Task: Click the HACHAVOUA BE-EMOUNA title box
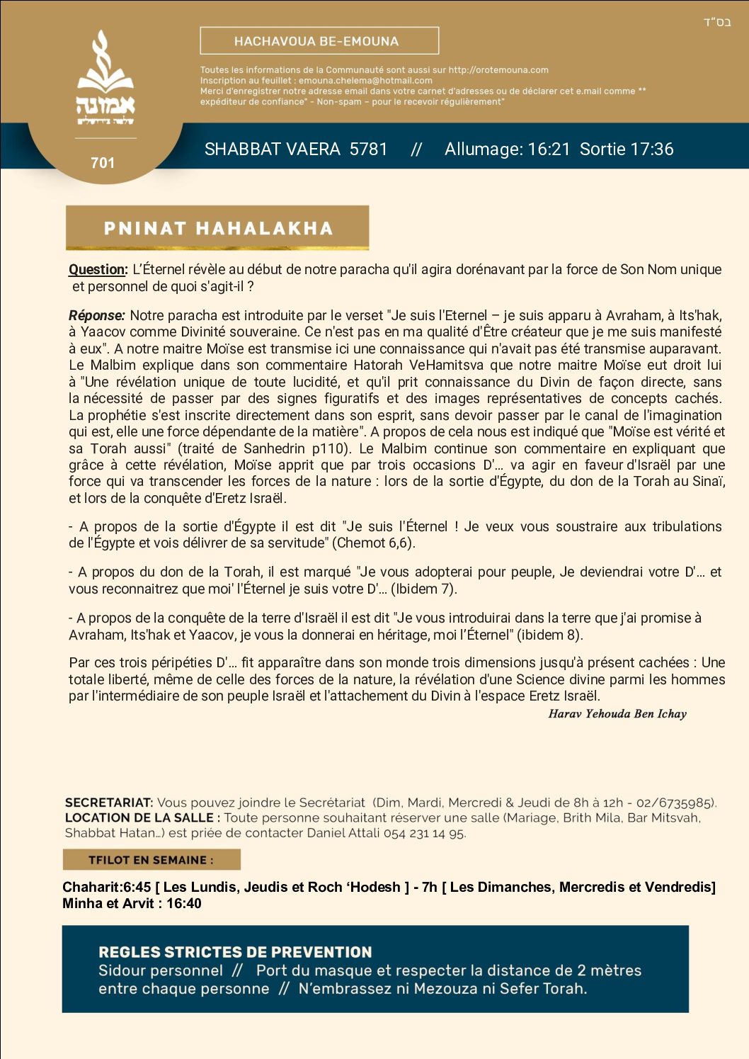click(x=319, y=41)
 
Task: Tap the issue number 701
click(x=103, y=163)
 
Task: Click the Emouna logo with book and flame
click(x=105, y=78)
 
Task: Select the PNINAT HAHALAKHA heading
click(x=217, y=228)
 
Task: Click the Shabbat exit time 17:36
click(x=651, y=149)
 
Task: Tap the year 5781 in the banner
click(x=368, y=149)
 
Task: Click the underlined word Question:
click(x=98, y=269)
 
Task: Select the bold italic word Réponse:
click(x=97, y=315)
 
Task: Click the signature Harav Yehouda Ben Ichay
click(x=617, y=714)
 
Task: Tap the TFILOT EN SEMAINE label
click(x=151, y=860)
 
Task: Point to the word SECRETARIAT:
click(x=108, y=803)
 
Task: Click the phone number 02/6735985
click(x=675, y=803)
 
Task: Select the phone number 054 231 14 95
click(x=424, y=833)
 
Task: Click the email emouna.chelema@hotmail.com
click(x=365, y=81)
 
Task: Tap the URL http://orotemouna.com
click(x=498, y=70)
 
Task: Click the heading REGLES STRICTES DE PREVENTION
click(x=235, y=952)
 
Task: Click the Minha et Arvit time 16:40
click(x=184, y=904)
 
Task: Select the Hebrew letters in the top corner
click(x=716, y=22)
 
